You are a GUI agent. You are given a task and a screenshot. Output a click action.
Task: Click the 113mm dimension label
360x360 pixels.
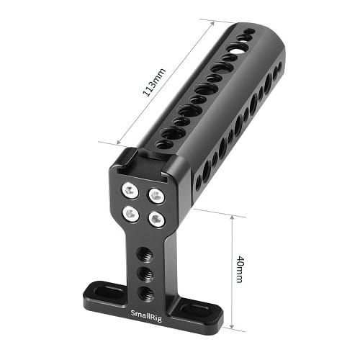[x=154, y=83]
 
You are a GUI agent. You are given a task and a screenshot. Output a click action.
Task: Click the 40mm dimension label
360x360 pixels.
[x=240, y=269]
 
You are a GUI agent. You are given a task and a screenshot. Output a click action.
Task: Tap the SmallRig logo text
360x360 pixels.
[x=146, y=315]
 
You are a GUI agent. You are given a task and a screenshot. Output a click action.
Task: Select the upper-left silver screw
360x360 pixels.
[x=130, y=190]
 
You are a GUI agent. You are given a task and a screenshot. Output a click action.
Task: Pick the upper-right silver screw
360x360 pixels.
[x=156, y=195]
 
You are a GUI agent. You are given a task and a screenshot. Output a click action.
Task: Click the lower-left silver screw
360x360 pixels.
[x=131, y=214]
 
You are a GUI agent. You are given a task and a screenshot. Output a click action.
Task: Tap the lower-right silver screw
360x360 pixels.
[x=156, y=219]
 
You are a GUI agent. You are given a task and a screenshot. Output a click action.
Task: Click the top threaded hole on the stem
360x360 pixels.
[x=145, y=253]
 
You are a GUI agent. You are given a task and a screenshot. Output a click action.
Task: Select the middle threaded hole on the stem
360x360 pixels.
[x=145, y=273]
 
